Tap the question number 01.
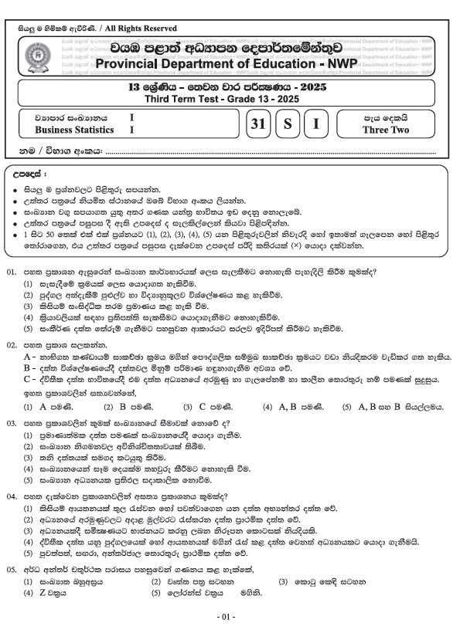(11, 273)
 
